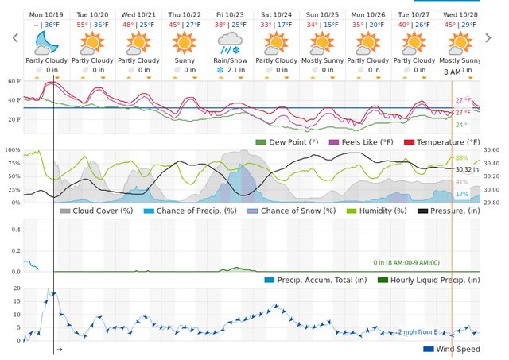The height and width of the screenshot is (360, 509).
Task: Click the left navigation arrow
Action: [x=14, y=38]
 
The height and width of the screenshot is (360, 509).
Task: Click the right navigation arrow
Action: [x=496, y=38]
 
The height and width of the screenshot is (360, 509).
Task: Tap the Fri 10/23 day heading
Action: [x=230, y=14]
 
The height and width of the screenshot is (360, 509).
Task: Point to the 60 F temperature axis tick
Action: [x=14, y=81]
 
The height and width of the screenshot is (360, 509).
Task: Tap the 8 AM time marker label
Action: [x=452, y=72]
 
